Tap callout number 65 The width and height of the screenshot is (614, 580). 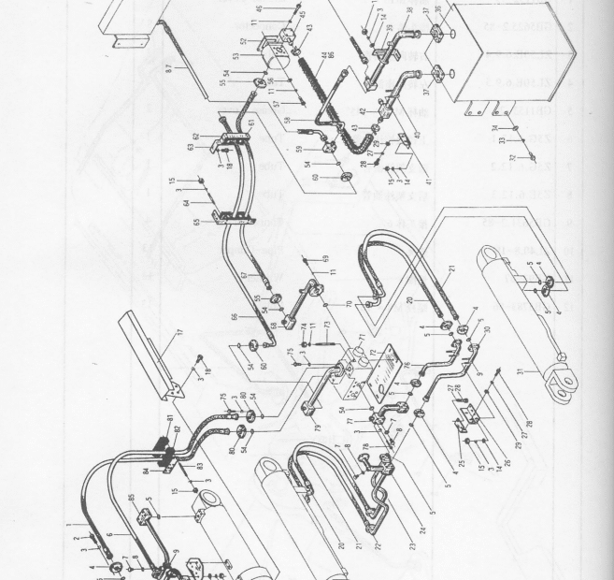(x=194, y=223)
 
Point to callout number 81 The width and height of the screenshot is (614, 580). (x=170, y=418)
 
